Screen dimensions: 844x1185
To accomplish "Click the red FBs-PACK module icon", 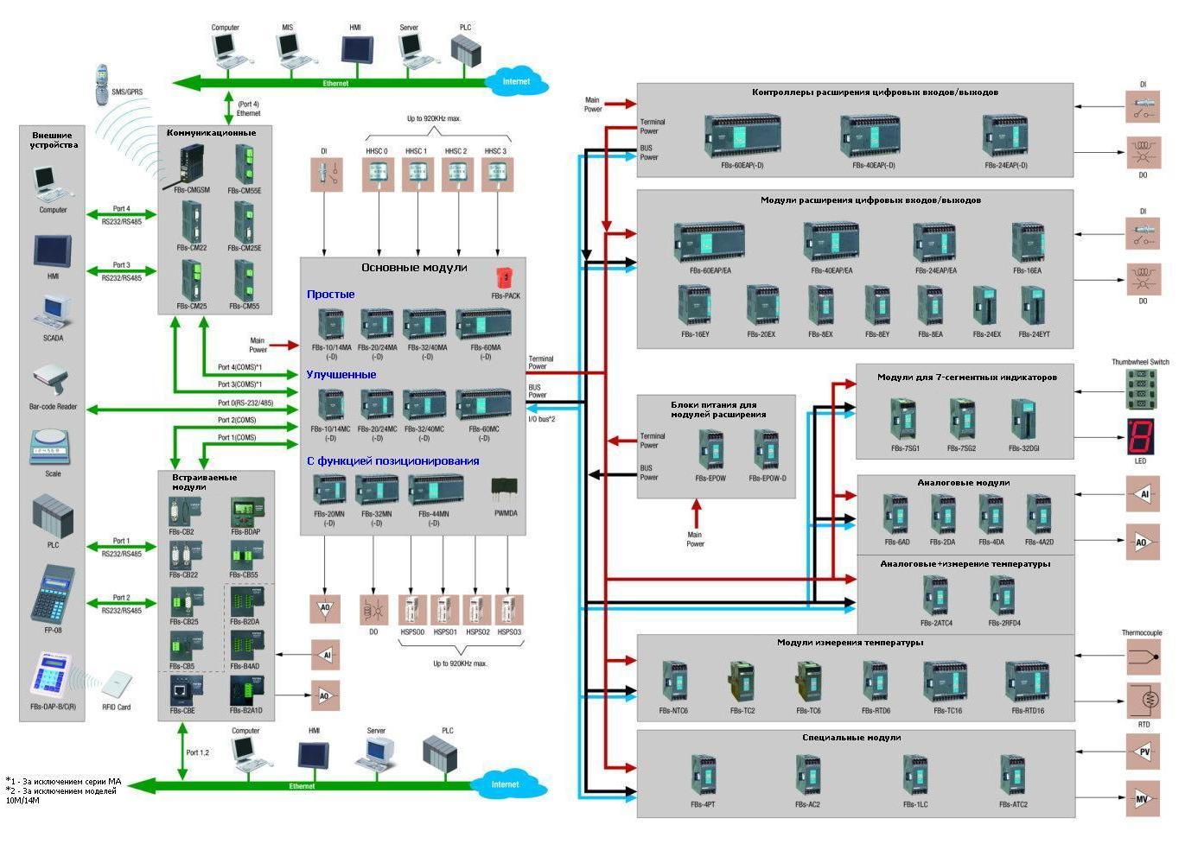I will click(x=506, y=278).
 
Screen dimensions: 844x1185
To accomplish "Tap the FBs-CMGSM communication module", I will click(x=192, y=166).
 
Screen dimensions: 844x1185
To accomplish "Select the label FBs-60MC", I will click(x=484, y=428).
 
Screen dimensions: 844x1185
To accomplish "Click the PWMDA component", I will click(x=505, y=492).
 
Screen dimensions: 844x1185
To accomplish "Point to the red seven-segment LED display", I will click(x=1140, y=436).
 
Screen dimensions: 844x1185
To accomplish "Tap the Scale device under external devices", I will click(x=52, y=450).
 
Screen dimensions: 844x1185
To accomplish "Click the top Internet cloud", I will click(x=516, y=82).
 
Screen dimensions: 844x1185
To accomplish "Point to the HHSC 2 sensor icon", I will click(x=456, y=175).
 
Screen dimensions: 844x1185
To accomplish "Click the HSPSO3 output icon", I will click(x=509, y=610).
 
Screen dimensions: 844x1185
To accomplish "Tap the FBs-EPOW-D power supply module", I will click(x=766, y=450).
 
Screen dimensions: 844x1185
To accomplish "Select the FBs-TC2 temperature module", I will click(x=742, y=682).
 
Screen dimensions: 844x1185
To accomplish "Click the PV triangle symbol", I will click(x=1143, y=752).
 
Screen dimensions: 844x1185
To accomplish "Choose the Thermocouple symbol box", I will click(x=1143, y=658).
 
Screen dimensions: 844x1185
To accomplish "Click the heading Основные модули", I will click(x=414, y=268).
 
